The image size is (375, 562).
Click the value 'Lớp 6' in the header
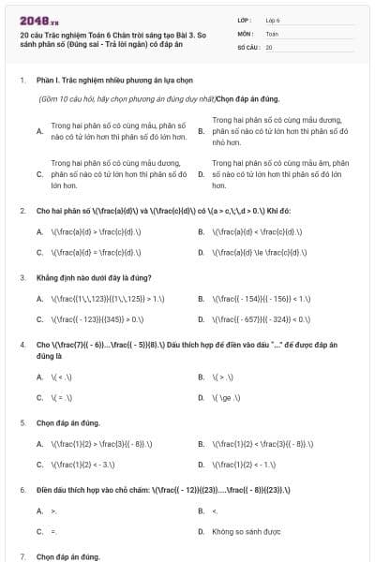point(273,19)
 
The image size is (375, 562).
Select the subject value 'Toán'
point(272,33)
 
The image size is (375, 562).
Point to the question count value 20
point(269,46)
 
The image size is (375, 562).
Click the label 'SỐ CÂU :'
point(247,46)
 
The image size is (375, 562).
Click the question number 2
point(22,211)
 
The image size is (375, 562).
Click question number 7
point(22,556)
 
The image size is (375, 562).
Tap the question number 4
point(22,346)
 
